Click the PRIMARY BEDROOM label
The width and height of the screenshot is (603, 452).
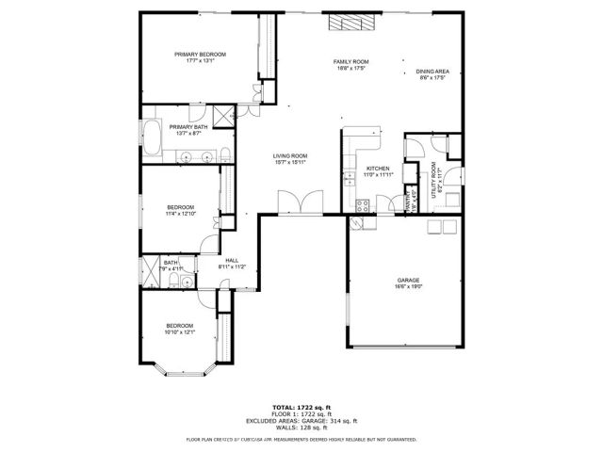click(201, 55)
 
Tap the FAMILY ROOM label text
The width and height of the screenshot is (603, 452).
click(350, 62)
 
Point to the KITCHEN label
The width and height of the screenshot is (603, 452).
click(377, 169)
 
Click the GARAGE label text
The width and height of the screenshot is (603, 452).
click(407, 281)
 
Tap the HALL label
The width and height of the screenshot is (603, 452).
click(232, 261)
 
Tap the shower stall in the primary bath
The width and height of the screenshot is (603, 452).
click(224, 117)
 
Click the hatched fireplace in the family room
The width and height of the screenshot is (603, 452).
click(338, 24)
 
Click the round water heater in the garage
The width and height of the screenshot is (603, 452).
click(356, 223)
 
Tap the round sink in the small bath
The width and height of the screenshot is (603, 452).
click(187, 281)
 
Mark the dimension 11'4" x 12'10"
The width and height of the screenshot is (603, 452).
click(181, 214)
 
